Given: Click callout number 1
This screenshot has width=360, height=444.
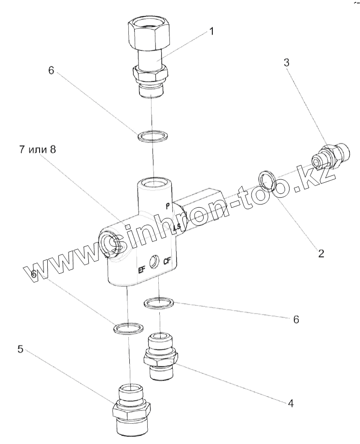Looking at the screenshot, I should pos(211,32).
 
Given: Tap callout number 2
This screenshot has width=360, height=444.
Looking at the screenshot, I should pos(319,252).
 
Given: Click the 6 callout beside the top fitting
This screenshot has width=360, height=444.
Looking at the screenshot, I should pos(51,70).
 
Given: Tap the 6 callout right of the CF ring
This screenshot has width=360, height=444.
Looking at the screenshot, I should pos(296,319).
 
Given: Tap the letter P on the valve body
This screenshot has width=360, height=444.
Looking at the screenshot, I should pos(167,206).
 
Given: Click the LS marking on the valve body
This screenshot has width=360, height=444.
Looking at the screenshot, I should pos(177,227).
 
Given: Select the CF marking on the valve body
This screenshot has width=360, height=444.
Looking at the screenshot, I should pos(168,262).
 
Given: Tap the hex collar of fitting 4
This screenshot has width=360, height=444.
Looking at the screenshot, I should pos(161,358).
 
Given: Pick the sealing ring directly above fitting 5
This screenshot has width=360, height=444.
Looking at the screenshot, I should pos(128,329).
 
